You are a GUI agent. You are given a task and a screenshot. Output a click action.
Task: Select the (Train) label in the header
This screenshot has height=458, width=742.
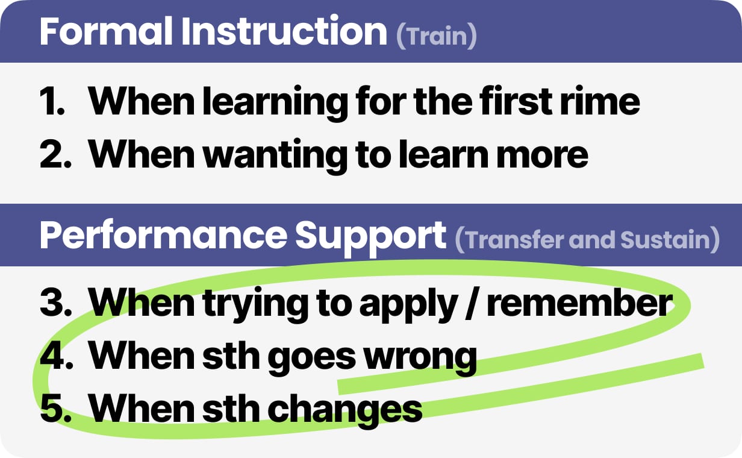click(x=437, y=36)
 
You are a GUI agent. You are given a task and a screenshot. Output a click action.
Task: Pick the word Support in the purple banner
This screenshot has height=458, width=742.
click(x=370, y=236)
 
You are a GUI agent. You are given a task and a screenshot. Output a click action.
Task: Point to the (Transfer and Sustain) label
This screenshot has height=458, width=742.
click(x=587, y=240)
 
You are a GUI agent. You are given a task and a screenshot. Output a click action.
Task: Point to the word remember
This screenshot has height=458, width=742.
click(x=578, y=303)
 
